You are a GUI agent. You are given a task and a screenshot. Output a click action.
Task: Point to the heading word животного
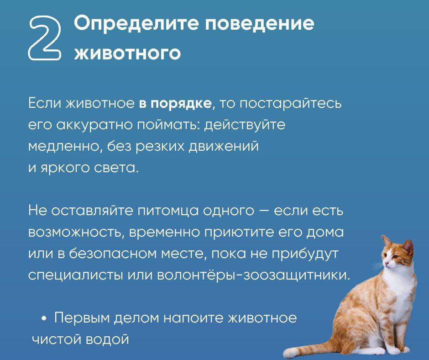pyautogui.click(x=127, y=53)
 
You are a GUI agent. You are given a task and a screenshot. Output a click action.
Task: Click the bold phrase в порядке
pyautogui.click(x=175, y=104)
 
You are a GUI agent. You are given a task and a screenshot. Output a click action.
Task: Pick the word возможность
pyautogui.click(x=77, y=233)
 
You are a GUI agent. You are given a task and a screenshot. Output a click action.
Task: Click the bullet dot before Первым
pyautogui.click(x=44, y=318)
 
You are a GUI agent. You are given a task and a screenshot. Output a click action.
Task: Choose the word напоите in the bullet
pyautogui.click(x=194, y=318)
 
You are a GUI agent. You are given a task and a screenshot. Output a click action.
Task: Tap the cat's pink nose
pyautogui.click(x=385, y=263)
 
